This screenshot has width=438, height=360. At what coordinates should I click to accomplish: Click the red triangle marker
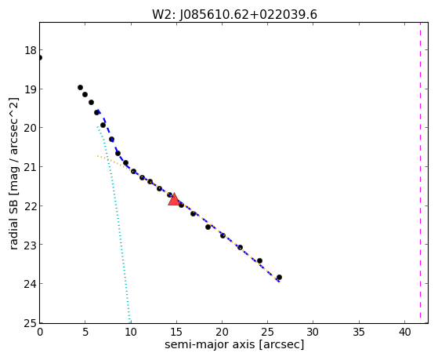coord(174,199)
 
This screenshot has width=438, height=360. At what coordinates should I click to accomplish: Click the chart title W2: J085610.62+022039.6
coord(234,15)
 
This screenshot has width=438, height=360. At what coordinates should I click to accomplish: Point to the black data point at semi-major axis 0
coord(40,58)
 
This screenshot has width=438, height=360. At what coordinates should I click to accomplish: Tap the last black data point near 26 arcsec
coord(279,277)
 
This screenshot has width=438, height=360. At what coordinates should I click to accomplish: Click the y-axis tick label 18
coord(31,51)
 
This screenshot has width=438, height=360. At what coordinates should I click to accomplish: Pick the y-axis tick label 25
coord(31,324)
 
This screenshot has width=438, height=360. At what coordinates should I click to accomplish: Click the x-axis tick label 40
coord(404,332)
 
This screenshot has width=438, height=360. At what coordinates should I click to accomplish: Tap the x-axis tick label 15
coord(176,332)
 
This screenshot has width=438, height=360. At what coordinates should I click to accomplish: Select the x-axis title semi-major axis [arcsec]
coord(234,344)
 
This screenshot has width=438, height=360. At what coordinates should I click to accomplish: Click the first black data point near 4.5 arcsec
coord(80,88)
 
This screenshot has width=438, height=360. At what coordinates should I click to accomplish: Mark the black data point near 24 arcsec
coord(259,260)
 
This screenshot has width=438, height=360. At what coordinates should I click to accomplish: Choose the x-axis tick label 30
coord(313,332)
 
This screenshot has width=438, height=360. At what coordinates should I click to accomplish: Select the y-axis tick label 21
coord(31,167)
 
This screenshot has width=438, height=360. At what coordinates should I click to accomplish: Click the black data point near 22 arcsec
coord(240,247)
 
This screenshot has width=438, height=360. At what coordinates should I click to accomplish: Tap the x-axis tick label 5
coord(85,332)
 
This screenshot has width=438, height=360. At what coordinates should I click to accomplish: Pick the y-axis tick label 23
coord(31,245)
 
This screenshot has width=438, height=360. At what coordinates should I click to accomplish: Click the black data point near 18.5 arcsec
coord(208,227)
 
